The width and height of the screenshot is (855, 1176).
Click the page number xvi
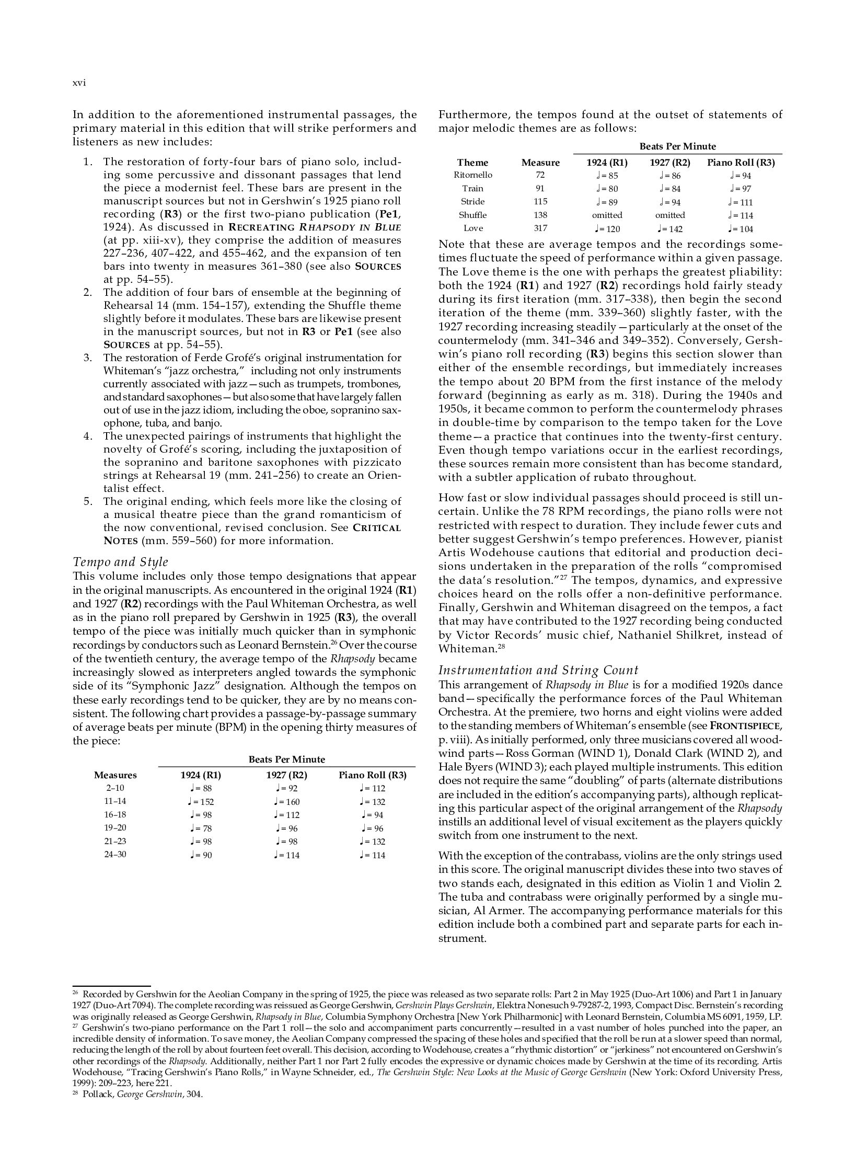click(79, 83)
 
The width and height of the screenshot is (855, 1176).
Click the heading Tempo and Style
click(120, 562)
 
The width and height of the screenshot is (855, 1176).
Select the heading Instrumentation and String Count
click(538, 671)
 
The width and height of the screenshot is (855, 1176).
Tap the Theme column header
click(472, 163)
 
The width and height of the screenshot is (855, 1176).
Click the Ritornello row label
click(473, 175)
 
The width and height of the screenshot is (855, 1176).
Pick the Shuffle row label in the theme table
click(473, 215)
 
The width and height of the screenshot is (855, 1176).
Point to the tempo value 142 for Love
click(670, 229)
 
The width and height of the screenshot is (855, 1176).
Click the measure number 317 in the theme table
click(540, 228)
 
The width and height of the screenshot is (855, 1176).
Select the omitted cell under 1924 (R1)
click(607, 215)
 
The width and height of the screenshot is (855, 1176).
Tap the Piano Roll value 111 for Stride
click(741, 202)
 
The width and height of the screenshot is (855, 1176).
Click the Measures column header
click(115, 775)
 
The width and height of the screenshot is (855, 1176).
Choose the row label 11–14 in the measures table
click(115, 801)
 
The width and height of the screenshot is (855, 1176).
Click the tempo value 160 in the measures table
click(286, 802)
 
